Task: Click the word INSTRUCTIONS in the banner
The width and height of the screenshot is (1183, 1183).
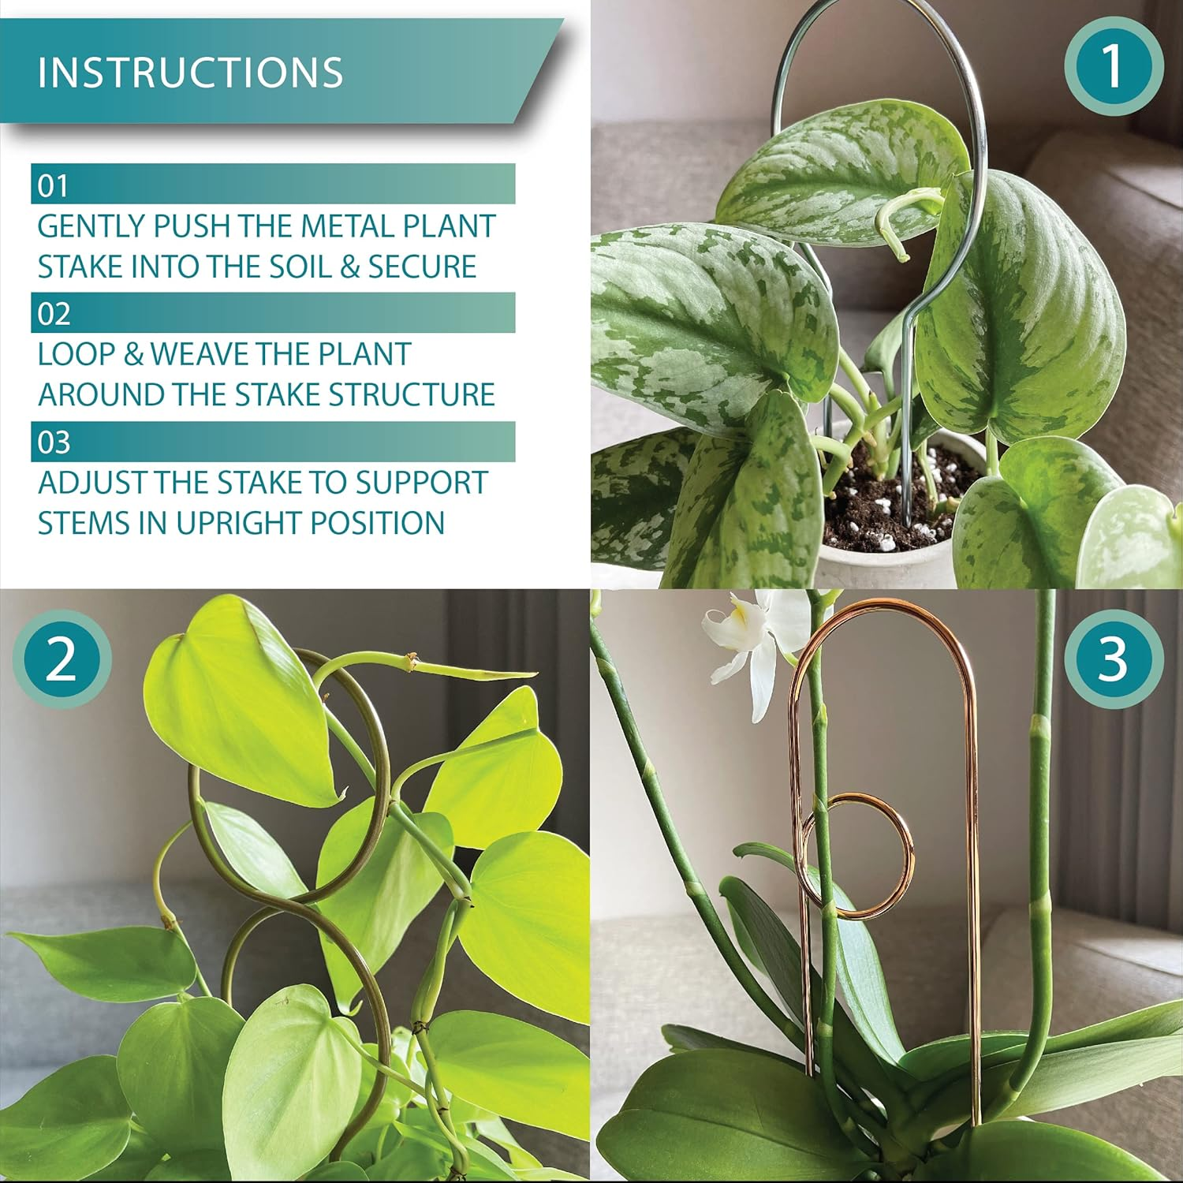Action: tap(190, 73)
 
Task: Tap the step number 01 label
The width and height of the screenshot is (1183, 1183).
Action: tap(54, 186)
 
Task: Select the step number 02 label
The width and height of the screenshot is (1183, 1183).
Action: tap(54, 315)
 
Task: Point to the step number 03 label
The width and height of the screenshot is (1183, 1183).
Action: tap(54, 442)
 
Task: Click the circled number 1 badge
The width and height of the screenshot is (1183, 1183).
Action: tap(1113, 66)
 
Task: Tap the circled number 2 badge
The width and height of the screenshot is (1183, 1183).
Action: tap(62, 659)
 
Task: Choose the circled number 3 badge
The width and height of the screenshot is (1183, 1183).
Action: tap(1113, 659)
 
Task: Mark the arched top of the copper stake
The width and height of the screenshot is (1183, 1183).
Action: tap(883, 611)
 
